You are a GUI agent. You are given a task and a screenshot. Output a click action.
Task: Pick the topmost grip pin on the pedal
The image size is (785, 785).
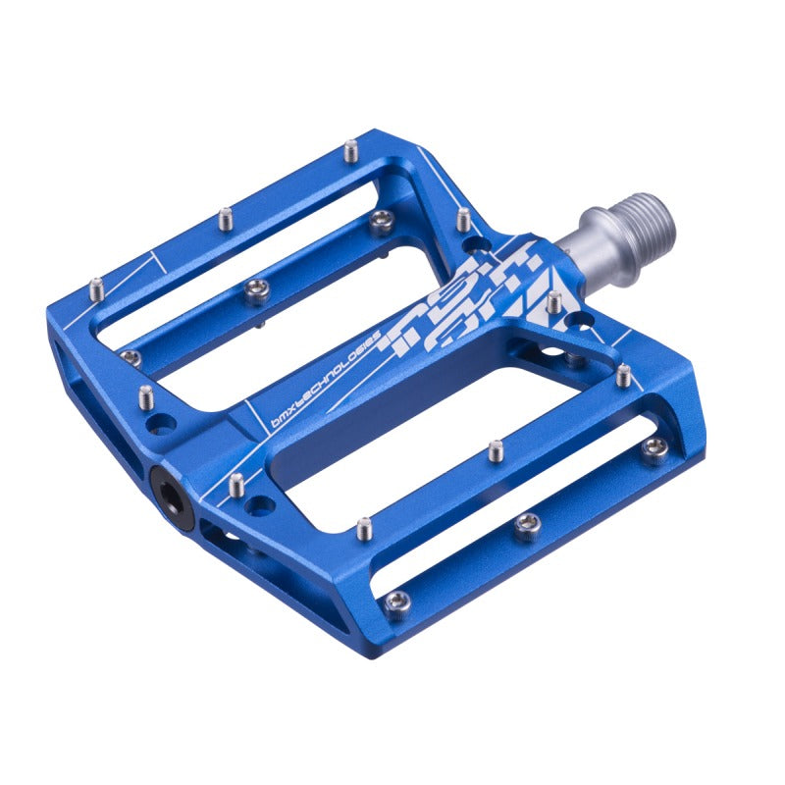pos(350,151)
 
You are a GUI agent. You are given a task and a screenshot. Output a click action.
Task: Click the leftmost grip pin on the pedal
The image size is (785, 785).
pos(96,288)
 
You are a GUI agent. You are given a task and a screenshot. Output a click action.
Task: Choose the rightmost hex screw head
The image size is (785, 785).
pos(654,447)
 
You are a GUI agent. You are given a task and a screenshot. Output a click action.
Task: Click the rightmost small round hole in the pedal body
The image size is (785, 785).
pos(585,321)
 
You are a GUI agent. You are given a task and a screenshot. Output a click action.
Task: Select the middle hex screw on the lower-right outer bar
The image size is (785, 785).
pos(528,527)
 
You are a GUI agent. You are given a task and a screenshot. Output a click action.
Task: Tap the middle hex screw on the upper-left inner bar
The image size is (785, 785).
pos(257,287)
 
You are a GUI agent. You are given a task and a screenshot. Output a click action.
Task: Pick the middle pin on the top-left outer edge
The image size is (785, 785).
pos(225,217)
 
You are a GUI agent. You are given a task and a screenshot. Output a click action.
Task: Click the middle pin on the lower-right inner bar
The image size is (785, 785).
pos(497,450)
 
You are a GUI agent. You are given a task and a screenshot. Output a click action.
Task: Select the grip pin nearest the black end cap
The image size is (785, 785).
pos(236,484)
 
